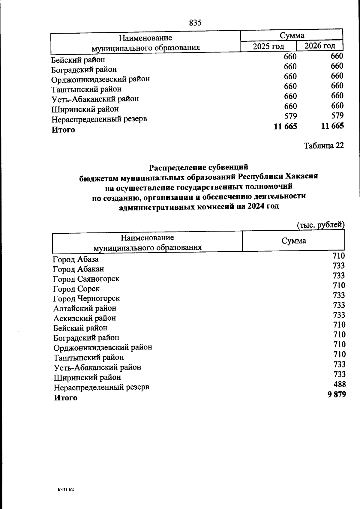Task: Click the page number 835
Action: click(x=195, y=22)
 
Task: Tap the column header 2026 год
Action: click(x=320, y=46)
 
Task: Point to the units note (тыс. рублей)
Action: click(x=320, y=225)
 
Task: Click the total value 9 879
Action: click(x=337, y=394)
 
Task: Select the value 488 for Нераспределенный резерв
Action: click(x=340, y=384)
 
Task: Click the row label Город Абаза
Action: click(x=76, y=259)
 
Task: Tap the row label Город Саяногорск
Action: click(x=86, y=279)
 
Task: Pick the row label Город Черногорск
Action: click(x=86, y=298)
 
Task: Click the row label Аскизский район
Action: click(x=85, y=318)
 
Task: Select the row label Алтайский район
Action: click(x=85, y=308)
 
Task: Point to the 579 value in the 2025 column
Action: click(x=290, y=116)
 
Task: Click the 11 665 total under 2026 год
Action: click(x=332, y=126)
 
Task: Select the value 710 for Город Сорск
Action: click(x=339, y=286)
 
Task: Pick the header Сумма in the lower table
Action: click(x=294, y=241)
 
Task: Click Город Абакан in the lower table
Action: click(x=79, y=269)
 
